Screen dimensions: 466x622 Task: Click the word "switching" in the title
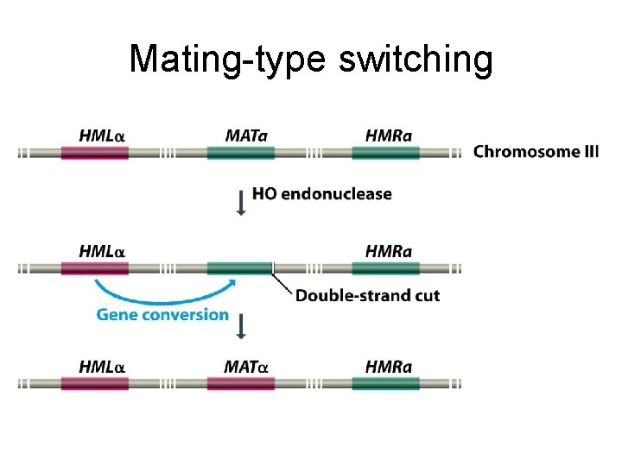416,60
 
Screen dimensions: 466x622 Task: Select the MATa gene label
246,136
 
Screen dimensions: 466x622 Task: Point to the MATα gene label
246,367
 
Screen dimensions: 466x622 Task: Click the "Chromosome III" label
536,152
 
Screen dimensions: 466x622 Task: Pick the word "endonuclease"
336,194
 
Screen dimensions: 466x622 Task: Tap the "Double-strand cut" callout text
367,296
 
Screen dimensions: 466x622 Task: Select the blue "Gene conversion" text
162,315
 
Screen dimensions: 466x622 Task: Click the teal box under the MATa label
240,153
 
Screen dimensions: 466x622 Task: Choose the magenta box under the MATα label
240,383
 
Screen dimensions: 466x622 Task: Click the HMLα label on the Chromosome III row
102,136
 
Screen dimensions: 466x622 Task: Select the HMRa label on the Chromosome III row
389,136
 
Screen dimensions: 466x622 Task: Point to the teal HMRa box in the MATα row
385,383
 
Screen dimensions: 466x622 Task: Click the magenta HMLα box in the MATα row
94,383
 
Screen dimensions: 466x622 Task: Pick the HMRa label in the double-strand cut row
389,252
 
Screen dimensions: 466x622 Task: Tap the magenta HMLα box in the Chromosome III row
94,153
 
